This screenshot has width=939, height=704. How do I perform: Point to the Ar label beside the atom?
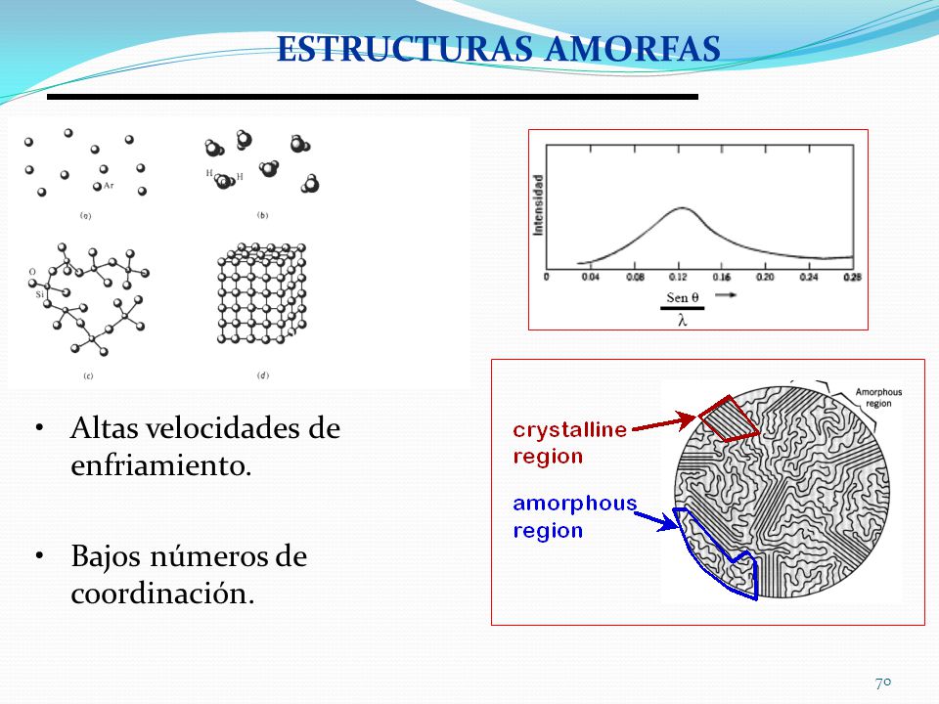click(x=109, y=184)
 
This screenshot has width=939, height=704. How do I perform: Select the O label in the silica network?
click(x=32, y=273)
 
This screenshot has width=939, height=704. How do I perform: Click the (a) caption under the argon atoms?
click(x=85, y=216)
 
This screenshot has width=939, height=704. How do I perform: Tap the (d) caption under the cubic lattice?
click(x=262, y=375)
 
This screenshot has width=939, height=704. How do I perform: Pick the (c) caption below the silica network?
click(x=87, y=375)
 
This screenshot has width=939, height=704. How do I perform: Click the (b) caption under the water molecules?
click(x=262, y=215)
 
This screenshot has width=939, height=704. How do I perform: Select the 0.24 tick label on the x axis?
click(x=807, y=278)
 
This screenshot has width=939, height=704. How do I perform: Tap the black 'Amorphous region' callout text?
click(x=877, y=397)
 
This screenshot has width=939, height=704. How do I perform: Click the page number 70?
click(x=883, y=682)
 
